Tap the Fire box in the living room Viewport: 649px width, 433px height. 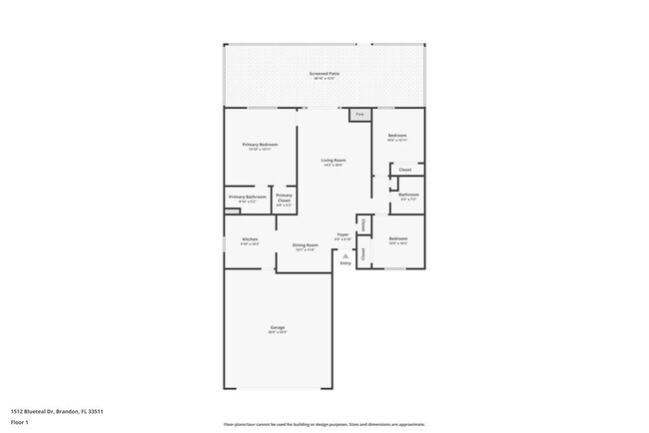[x=359, y=115]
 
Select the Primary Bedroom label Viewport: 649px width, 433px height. [x=260, y=145]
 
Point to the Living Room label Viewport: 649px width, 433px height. [x=332, y=161]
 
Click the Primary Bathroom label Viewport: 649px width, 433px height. [x=247, y=198]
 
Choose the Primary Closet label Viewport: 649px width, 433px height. [x=284, y=198]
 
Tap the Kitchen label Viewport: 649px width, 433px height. [x=250, y=239]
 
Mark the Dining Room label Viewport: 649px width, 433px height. [x=305, y=245]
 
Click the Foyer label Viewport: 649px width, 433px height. [x=341, y=235]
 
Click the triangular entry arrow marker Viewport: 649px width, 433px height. [x=344, y=255]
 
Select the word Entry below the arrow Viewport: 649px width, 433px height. [x=345, y=263]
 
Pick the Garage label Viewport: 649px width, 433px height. [x=277, y=327]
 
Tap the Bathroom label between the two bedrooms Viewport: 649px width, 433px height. [x=408, y=195]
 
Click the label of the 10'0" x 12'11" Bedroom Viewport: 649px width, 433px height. [x=397, y=136]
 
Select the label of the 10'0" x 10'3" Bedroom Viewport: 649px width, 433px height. [x=397, y=238]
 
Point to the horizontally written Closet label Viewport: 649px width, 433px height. [x=405, y=170]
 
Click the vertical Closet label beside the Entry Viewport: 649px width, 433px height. [x=363, y=253]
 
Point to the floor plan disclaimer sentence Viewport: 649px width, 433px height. [x=324, y=423]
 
